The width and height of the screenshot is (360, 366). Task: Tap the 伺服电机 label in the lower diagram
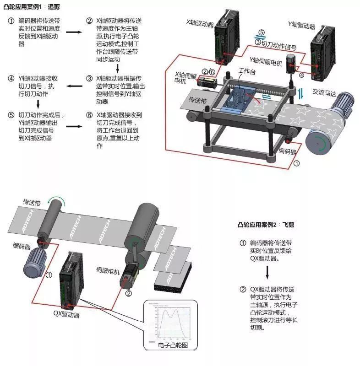pos(109,269)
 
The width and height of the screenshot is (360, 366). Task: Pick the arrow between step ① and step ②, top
pos(73,32)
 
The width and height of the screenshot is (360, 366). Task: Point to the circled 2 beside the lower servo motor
pos(128,293)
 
